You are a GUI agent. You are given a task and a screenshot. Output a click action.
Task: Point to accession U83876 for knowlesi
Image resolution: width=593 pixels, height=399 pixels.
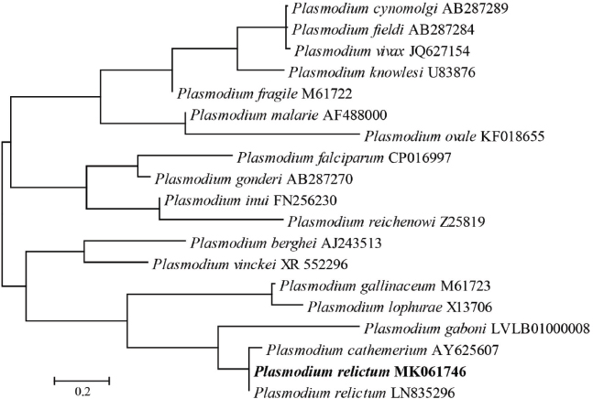(452, 70)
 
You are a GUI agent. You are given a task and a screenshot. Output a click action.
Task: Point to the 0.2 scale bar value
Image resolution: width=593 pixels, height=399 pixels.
(82, 392)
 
